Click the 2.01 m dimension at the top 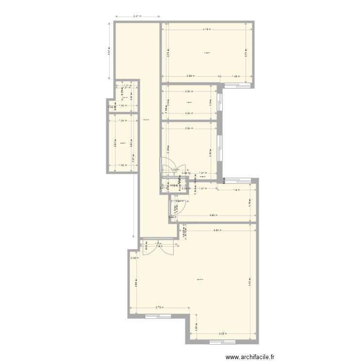click(x=137, y=17)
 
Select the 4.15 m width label click(x=207, y=30)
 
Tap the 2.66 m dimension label click(x=191, y=76)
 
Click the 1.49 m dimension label click(x=235, y=76)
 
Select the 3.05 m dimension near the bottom click(x=222, y=333)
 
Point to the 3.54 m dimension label click(x=218, y=231)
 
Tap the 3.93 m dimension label click(x=212, y=215)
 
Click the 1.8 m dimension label click(x=236, y=190)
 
